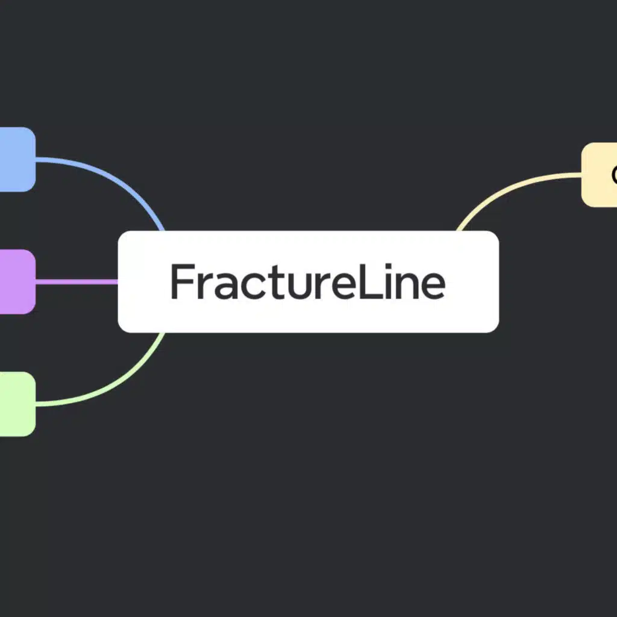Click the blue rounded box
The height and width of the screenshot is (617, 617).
click(17, 160)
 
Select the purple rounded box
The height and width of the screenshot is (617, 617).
click(17, 281)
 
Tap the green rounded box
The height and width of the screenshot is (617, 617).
click(17, 404)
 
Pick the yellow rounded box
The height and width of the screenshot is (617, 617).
click(599, 174)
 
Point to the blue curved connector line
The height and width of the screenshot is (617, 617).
click(121, 177)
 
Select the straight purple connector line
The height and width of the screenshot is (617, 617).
click(77, 281)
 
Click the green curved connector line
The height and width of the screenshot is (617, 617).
click(121, 386)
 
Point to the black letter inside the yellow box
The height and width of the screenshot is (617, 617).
click(613, 175)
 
